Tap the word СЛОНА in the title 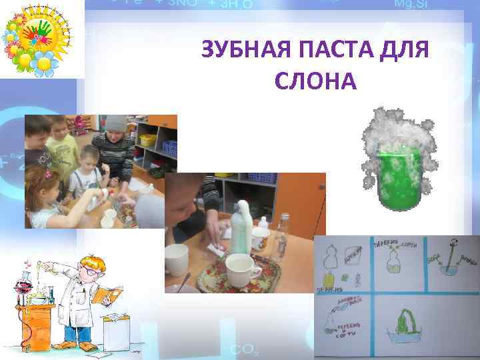[x=315, y=81]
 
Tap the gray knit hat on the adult [x=116, y=123]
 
